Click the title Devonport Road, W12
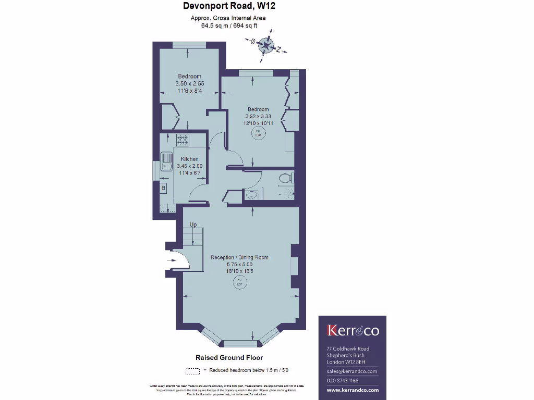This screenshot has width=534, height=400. coord(229,6)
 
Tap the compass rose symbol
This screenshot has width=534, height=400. coord(266,46)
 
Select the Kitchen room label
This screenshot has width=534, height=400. coord(189,159)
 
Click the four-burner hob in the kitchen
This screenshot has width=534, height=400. coord(184,140)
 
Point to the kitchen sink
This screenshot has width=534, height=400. coord(167,161)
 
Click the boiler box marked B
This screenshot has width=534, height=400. coord(163,187)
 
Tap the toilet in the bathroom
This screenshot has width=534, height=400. coord(285,178)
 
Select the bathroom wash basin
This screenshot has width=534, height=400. coord(252,195)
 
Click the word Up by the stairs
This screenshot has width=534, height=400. coord(193,225)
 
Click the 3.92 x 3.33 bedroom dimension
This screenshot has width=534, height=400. coord(258,116)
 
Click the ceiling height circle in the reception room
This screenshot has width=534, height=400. coord(239,283)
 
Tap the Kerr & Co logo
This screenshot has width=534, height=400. coord(353,331)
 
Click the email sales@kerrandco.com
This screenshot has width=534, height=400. coord(352,371)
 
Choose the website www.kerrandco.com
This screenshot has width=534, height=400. coord(353,390)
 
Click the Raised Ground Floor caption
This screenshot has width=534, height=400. coord(229,358)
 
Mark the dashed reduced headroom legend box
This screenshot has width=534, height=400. coord(193,371)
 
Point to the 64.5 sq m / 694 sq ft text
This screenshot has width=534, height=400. coord(229,25)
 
